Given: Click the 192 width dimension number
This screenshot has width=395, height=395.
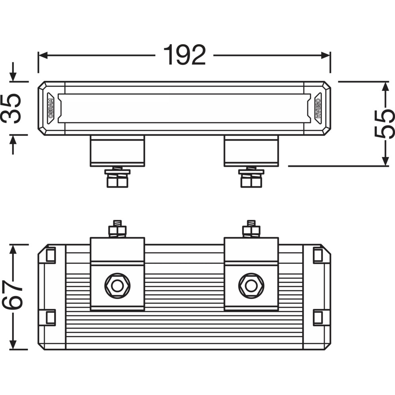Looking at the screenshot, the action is tap(184, 55).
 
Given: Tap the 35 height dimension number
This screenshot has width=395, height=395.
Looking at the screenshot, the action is tap(11, 108).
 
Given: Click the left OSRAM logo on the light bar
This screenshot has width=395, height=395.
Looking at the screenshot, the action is tap(51, 108).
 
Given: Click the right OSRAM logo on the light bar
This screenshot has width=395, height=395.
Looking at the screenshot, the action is tap(318, 108).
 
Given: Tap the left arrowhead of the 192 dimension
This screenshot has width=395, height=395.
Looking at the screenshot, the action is tap(43, 55).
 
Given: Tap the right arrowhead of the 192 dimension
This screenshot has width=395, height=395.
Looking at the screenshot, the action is tap(325, 55).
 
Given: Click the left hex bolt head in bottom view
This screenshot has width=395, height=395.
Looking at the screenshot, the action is tap(117, 286).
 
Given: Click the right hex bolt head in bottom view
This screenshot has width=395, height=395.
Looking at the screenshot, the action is tap(251, 286).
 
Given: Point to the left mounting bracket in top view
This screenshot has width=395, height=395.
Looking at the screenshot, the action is tap(117, 151).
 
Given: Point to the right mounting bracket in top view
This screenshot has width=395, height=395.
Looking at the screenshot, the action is tap(251, 151).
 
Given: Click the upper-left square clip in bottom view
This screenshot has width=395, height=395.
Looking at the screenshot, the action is tap(51, 255).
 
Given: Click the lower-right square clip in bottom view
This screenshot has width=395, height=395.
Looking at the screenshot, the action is tap(318, 317).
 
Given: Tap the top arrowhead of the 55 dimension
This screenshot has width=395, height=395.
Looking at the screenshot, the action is tap(386, 87).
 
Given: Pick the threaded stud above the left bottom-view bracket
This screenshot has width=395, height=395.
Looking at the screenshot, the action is tap(117, 224).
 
